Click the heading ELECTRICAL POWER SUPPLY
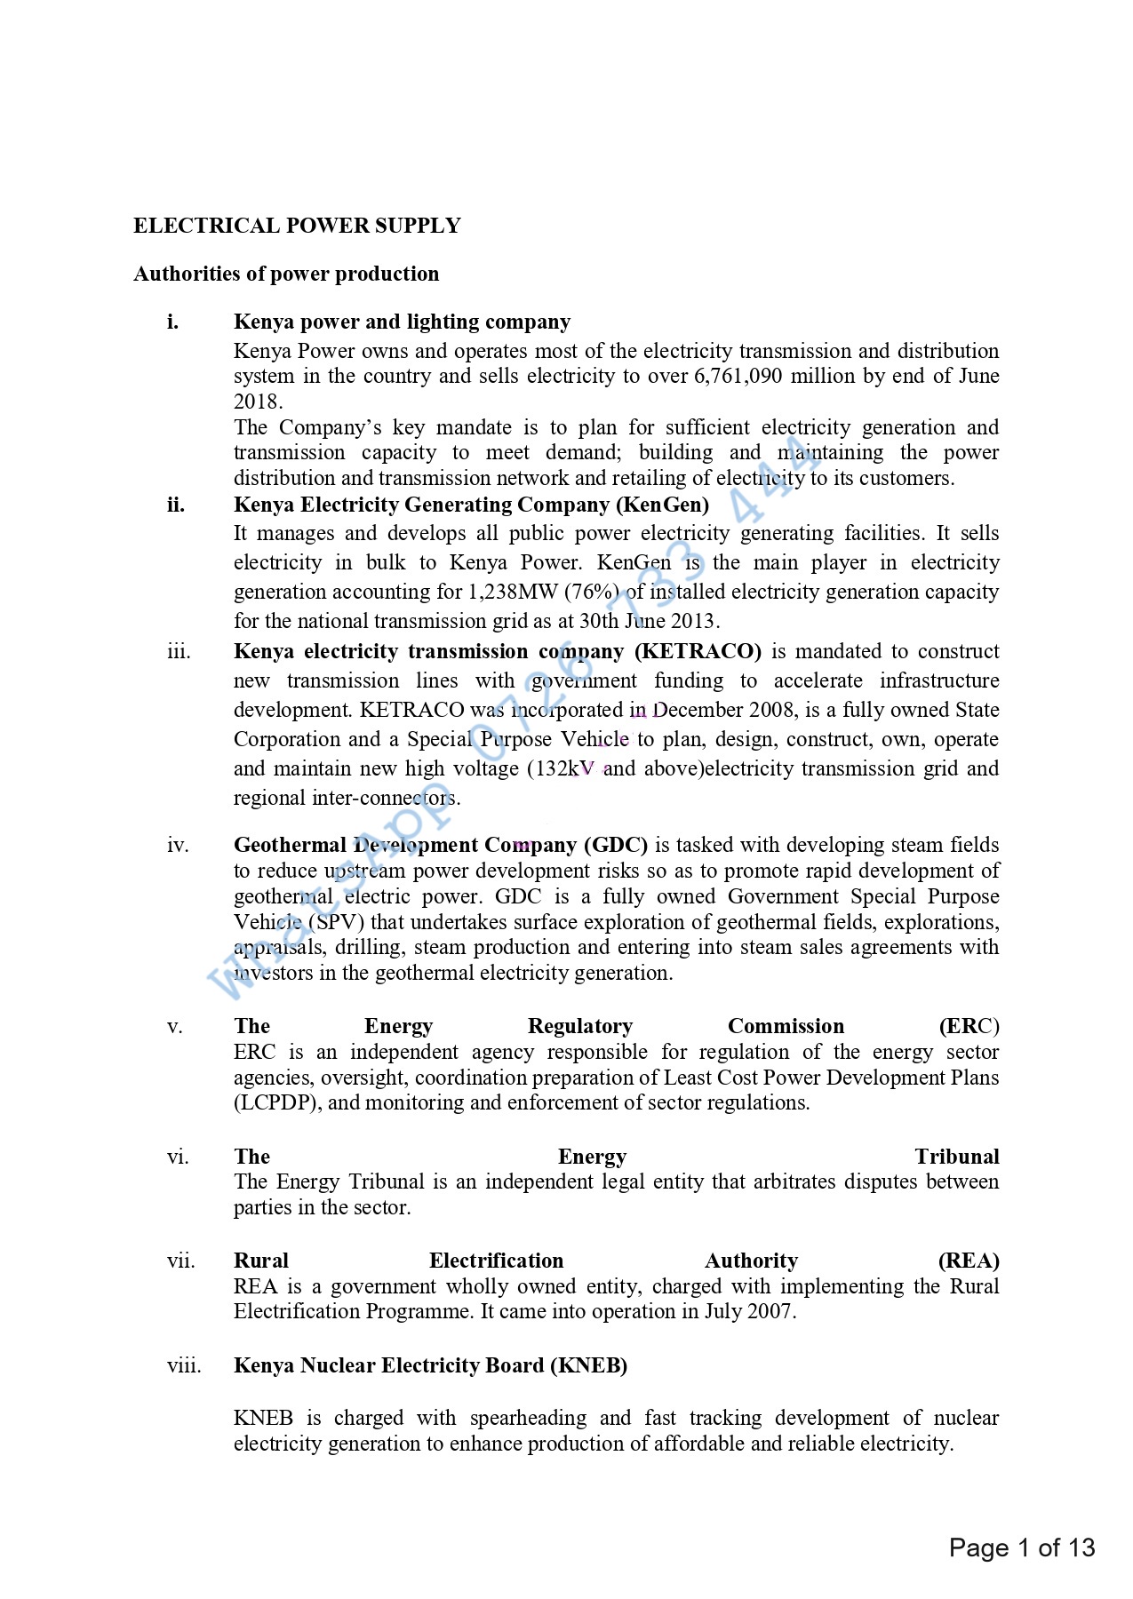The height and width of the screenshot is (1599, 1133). tap(297, 226)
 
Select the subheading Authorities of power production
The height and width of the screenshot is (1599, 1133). tap(286, 274)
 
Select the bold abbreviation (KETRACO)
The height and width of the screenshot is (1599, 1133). tap(698, 651)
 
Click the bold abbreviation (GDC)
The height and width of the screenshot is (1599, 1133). tap(615, 845)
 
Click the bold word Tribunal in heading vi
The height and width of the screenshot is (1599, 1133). tap(956, 1157)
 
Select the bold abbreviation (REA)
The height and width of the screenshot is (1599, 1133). tap(969, 1261)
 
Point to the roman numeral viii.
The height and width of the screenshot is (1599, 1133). tap(184, 1365)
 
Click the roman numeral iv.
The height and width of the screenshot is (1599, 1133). tap(178, 845)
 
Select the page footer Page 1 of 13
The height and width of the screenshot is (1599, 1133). tap(1021, 1548)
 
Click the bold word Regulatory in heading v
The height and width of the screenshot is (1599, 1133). tap(579, 1027)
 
